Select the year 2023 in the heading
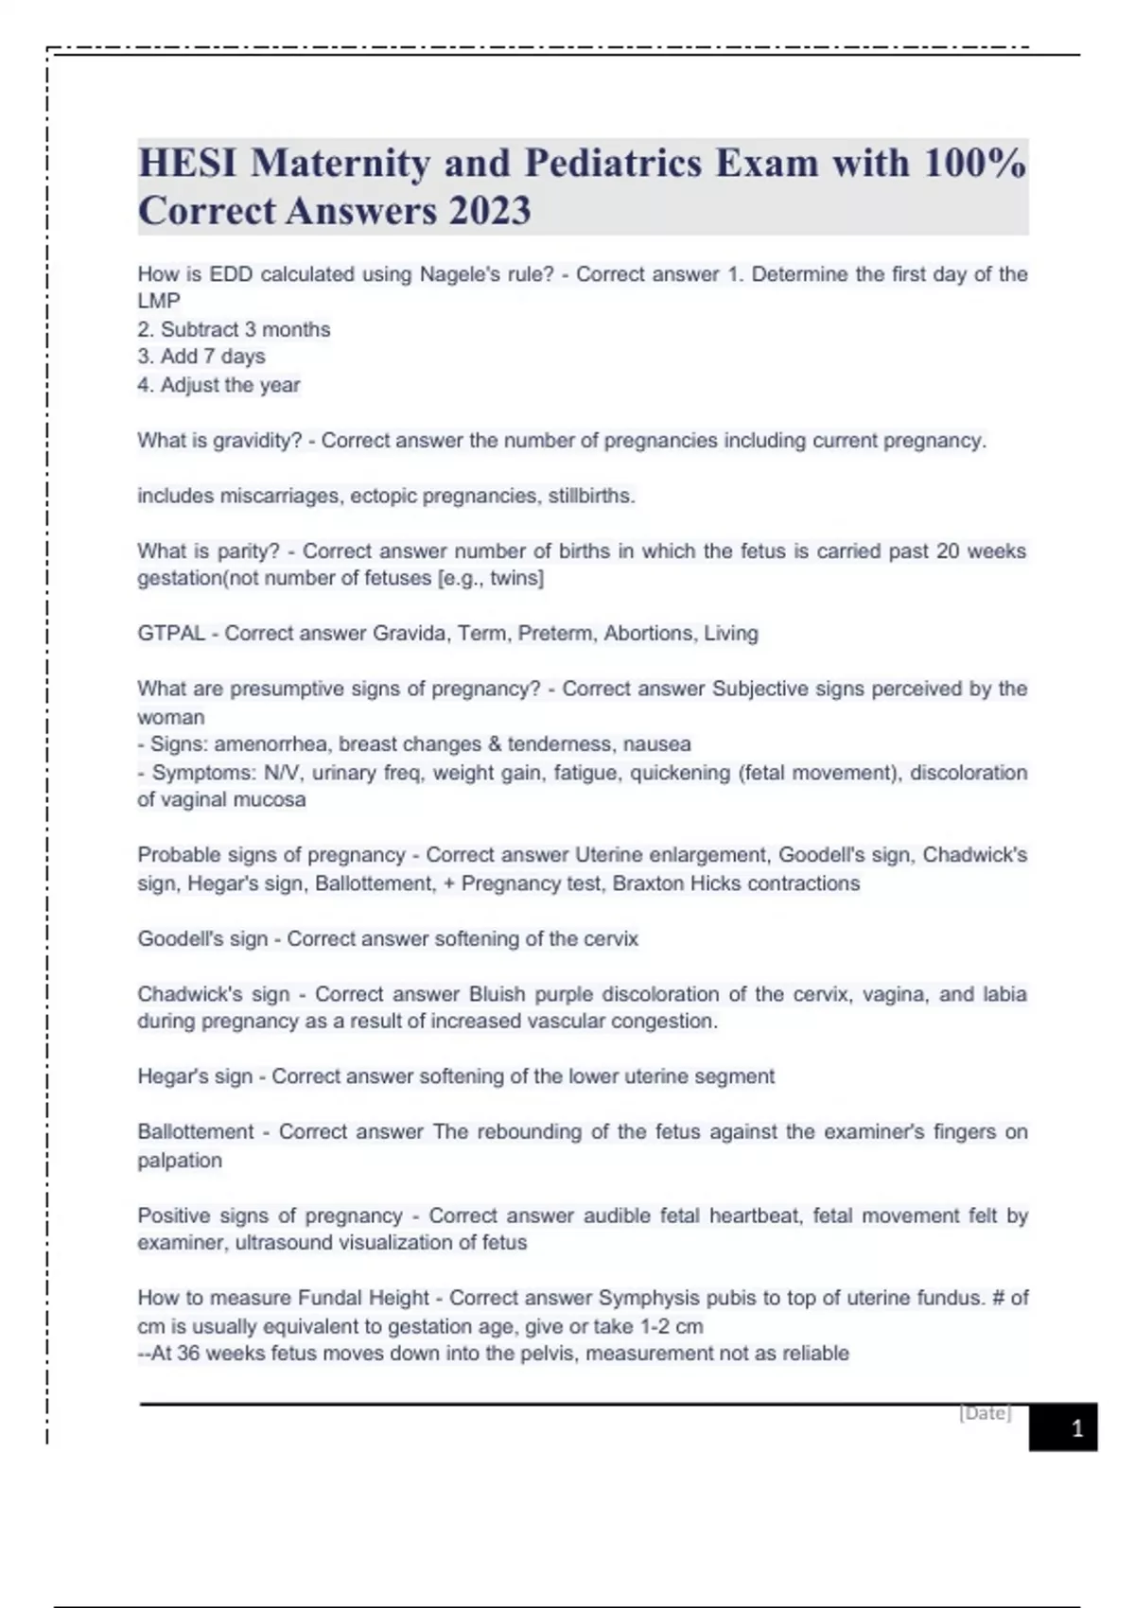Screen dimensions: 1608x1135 coord(490,211)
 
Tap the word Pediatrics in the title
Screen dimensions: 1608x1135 coord(613,163)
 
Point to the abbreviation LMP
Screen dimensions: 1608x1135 coord(159,301)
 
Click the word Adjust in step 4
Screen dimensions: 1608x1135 coord(190,385)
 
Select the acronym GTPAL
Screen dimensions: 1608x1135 coord(171,633)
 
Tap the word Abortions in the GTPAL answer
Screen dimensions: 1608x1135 coord(649,633)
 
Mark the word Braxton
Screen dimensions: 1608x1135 coord(648,883)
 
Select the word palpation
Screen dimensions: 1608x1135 coord(180,1160)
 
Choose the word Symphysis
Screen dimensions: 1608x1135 coord(644,1298)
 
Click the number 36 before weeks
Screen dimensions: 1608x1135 coord(188,1353)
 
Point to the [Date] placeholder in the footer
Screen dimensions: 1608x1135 coord(986,1413)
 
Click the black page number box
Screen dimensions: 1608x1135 coord(1063,1427)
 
